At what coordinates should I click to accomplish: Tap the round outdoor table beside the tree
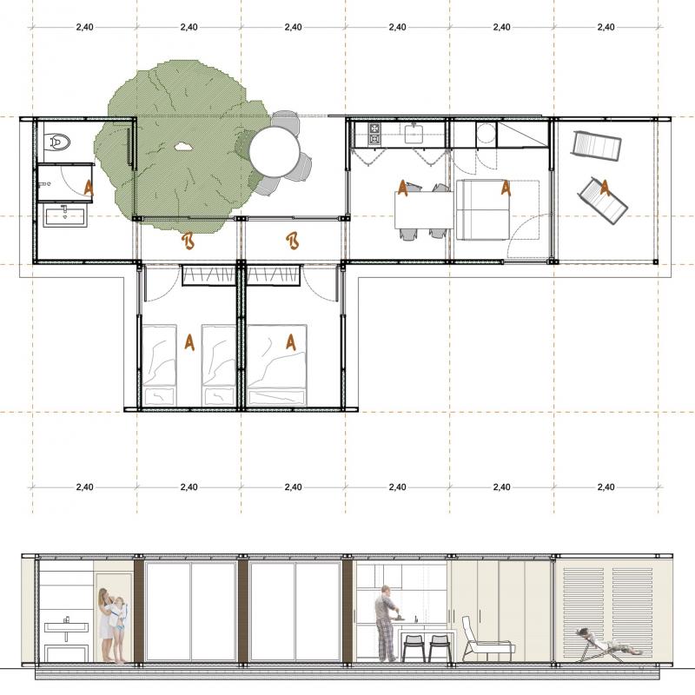(x=274, y=151)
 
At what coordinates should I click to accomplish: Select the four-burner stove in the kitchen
(x=374, y=134)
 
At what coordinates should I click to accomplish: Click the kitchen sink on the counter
(x=414, y=133)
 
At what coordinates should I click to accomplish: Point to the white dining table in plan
(x=424, y=209)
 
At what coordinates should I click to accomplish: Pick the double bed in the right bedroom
(x=276, y=365)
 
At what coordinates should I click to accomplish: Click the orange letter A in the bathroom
(x=89, y=188)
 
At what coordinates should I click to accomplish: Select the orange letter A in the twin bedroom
(x=189, y=342)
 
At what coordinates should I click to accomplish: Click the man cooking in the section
(x=387, y=624)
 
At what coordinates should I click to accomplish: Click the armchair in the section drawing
(x=486, y=639)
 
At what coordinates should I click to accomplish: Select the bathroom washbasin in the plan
(x=65, y=217)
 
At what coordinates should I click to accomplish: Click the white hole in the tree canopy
(x=182, y=146)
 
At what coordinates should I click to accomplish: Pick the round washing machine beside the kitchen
(x=486, y=134)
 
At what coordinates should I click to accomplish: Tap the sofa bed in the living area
(x=483, y=209)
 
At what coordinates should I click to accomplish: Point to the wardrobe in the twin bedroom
(x=208, y=275)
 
